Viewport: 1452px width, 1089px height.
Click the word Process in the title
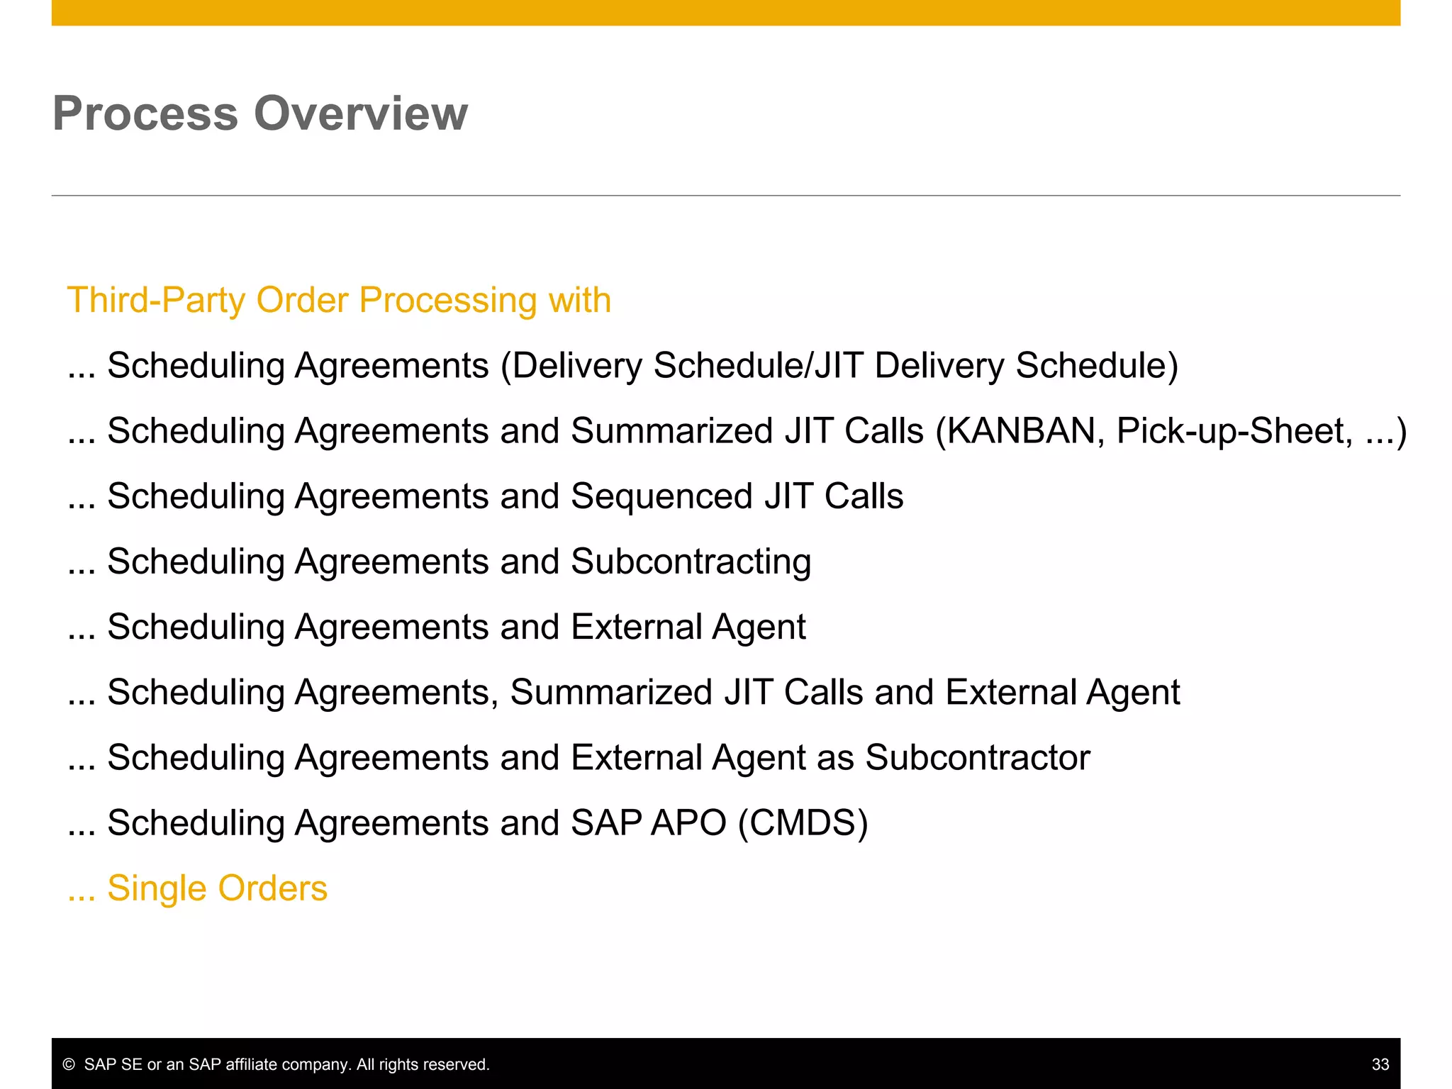(145, 113)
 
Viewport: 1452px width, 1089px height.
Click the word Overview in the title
(361, 113)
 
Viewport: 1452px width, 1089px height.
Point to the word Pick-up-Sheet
(1234, 431)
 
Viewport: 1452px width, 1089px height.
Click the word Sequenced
(661, 496)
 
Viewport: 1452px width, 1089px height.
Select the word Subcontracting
(691, 562)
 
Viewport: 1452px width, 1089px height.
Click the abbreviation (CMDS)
(803, 822)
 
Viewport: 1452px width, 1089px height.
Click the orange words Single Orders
(217, 888)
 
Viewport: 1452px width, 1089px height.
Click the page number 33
(1380, 1064)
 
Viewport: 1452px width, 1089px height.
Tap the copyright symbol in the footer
(69, 1064)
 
